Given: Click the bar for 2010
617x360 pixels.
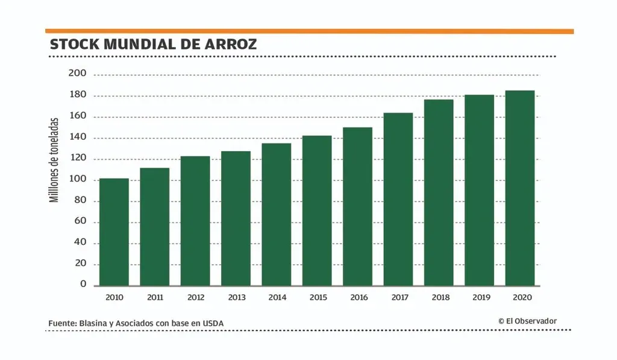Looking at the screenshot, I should (114, 232).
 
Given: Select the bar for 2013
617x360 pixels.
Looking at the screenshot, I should (236, 218).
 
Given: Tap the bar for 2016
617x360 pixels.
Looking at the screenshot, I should (357, 206).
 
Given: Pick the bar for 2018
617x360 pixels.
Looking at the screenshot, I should (439, 192).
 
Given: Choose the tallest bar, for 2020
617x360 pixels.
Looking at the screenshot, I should (519, 188).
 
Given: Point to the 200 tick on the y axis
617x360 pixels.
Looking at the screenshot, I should (80, 74).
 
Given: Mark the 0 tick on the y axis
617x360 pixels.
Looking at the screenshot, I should (84, 285).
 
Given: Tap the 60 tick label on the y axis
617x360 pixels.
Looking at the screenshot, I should (81, 222).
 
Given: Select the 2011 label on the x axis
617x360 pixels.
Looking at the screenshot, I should (155, 297).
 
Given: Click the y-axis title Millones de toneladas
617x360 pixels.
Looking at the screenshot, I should (55, 159).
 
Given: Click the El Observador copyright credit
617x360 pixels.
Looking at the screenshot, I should (528, 321).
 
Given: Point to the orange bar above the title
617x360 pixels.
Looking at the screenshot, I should (309, 31).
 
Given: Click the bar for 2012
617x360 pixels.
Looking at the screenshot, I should (195, 221).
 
